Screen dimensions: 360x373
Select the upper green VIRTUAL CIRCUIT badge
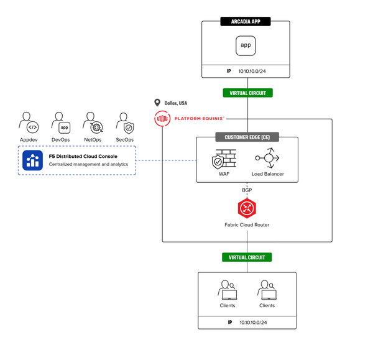pyautogui.click(x=247, y=93)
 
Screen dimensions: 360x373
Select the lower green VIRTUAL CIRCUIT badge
pyautogui.click(x=247, y=257)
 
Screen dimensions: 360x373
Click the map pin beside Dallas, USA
pyautogui.click(x=157, y=103)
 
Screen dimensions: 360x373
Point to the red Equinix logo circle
pyautogui.click(x=162, y=118)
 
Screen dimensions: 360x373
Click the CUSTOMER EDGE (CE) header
pyautogui.click(x=247, y=137)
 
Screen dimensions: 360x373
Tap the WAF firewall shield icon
pyautogui.click(x=221, y=160)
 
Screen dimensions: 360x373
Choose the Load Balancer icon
pyautogui.click(x=268, y=159)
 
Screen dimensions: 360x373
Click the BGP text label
pyautogui.click(x=247, y=189)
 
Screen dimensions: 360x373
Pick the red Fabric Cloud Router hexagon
pyautogui.click(x=247, y=208)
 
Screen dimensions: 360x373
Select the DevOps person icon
pyautogui.click(x=60, y=123)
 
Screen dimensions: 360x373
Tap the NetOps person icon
pyautogui.click(x=93, y=123)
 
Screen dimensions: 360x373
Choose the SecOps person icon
pyautogui.click(x=125, y=123)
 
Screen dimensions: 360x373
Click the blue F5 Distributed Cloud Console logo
pyautogui.click(x=32, y=160)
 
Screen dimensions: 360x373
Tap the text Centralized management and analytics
pyautogui.click(x=88, y=165)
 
